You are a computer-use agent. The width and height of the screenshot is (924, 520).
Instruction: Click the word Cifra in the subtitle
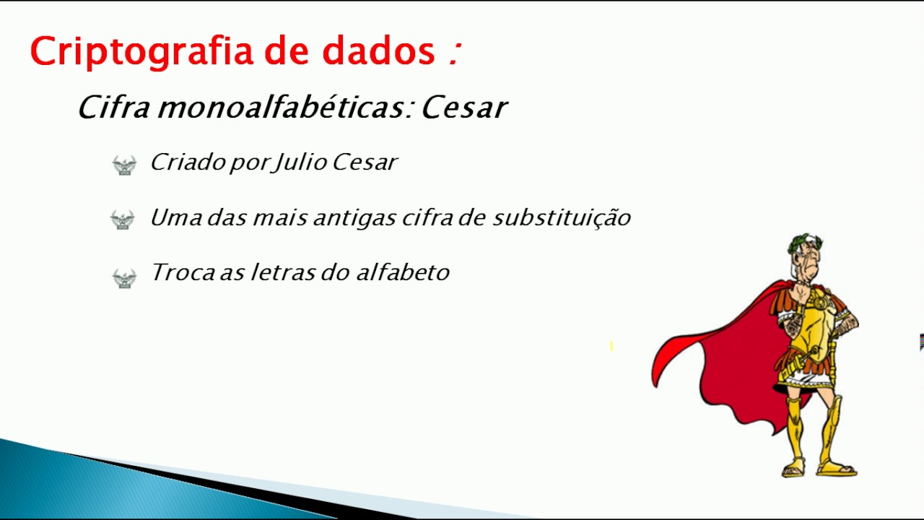click(x=113, y=108)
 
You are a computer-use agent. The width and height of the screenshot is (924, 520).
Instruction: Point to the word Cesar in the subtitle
click(x=464, y=108)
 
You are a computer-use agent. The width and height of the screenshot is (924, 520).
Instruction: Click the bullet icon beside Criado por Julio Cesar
click(x=124, y=165)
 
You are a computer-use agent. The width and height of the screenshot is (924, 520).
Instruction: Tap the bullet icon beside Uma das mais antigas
click(x=123, y=220)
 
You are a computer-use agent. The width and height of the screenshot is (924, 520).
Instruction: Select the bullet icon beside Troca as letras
click(x=124, y=277)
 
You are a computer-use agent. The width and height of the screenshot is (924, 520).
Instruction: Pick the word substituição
click(x=562, y=217)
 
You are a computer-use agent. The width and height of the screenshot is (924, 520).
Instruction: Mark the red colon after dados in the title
click(x=453, y=53)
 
